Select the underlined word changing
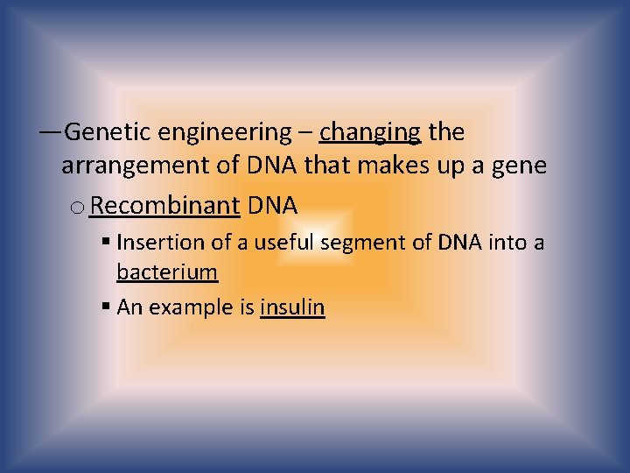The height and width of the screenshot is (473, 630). pos(370,132)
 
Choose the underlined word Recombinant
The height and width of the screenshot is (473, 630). pos(164,206)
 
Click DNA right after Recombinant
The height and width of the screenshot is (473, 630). pos(273,206)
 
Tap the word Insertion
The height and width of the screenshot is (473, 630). pos(156,242)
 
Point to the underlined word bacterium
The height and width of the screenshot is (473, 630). pos(166,272)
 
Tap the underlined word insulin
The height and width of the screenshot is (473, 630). pos(292,307)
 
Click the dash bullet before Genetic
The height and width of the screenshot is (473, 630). pos(50,133)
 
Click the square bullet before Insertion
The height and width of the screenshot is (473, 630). pos(105,242)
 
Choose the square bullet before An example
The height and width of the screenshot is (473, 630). pos(105,307)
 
